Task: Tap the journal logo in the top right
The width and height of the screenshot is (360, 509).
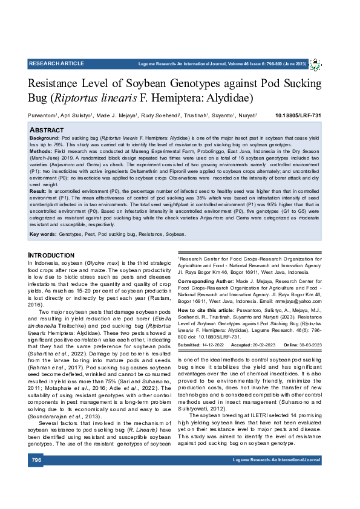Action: [316, 63]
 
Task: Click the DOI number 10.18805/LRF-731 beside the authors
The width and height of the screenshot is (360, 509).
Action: [298, 115]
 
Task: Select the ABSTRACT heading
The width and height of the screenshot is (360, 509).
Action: [47, 130]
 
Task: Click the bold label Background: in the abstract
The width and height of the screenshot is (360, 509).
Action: [44, 138]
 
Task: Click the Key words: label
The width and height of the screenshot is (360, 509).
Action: [42, 233]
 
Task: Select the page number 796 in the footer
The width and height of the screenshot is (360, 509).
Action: [36, 460]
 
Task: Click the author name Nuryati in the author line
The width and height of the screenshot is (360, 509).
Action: [246, 115]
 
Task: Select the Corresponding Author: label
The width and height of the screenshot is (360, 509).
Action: [206, 282]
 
